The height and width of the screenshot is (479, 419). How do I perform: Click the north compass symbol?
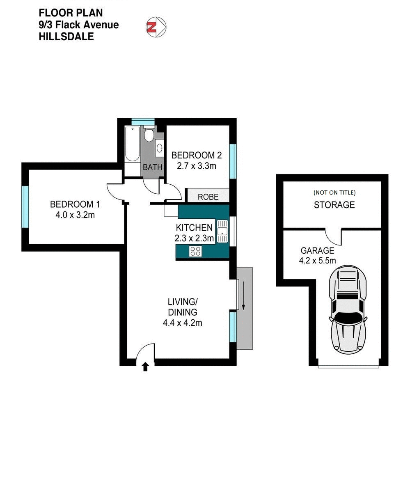tap(156, 27)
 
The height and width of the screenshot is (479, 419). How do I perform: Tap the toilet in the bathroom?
tap(149, 135)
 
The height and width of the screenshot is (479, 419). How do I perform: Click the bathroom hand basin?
tap(159, 148)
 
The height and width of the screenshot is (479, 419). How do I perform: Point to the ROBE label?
tap(208, 197)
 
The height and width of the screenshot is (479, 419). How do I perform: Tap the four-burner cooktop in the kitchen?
tap(195, 251)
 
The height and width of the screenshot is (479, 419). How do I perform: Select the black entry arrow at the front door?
tap(145, 367)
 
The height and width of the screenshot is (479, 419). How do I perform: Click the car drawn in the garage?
tap(348, 309)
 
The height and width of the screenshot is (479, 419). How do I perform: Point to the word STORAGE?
tap(334, 205)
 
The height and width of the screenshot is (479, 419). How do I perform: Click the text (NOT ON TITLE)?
tap(334, 193)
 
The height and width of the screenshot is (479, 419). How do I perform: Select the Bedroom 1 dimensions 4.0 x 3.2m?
tap(75, 215)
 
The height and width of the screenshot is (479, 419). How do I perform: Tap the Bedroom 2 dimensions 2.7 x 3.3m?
tap(196, 166)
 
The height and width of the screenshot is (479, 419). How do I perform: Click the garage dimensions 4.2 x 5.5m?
tap(317, 261)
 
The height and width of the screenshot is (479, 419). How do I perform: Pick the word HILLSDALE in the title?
tap(66, 37)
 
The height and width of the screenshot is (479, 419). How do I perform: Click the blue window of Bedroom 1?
tap(25, 206)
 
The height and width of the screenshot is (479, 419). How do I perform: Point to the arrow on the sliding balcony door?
tap(243, 296)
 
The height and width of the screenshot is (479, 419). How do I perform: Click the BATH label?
tap(153, 167)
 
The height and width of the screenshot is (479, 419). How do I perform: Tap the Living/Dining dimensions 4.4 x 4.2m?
tap(182, 323)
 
